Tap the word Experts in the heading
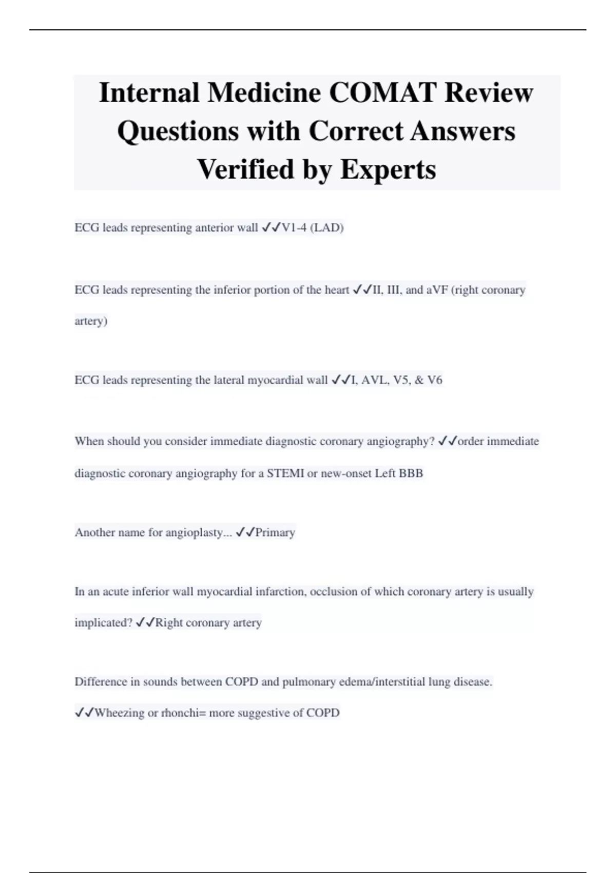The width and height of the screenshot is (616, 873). click(388, 169)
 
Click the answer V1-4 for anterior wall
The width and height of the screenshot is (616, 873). click(294, 227)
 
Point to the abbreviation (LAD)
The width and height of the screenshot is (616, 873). click(327, 227)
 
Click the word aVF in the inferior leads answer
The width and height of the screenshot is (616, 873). click(437, 290)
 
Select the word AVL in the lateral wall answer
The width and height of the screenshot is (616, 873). click(373, 381)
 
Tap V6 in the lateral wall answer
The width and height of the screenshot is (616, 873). click(434, 381)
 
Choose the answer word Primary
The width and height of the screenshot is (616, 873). click(275, 533)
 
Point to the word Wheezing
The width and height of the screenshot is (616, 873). click(120, 713)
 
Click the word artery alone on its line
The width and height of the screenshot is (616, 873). click(91, 321)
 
